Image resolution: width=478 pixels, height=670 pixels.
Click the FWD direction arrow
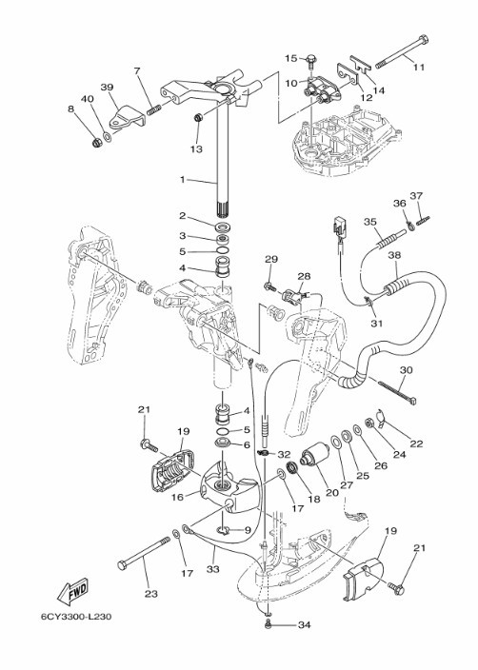point(73,592)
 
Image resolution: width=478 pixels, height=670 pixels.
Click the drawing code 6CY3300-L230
point(76,617)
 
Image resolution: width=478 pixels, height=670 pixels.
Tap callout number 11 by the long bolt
point(419,67)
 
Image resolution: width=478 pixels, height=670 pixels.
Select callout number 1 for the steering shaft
point(182,180)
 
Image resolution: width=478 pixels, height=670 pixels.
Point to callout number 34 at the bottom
point(304,625)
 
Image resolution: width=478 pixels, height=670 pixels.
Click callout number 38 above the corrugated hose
point(394,255)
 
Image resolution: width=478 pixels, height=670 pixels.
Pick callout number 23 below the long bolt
point(151,594)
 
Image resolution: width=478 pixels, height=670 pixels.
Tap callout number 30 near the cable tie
point(406,369)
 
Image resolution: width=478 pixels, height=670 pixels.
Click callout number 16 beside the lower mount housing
point(178,497)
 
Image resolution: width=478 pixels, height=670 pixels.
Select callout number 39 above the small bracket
point(107,88)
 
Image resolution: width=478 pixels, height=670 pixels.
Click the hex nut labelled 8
point(96,143)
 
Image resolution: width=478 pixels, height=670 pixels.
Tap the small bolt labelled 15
point(311,61)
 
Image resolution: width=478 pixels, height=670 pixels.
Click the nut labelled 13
point(198,117)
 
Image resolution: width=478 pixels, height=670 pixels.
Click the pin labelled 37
point(424,220)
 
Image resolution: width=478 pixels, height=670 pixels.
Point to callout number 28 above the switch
point(304,276)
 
